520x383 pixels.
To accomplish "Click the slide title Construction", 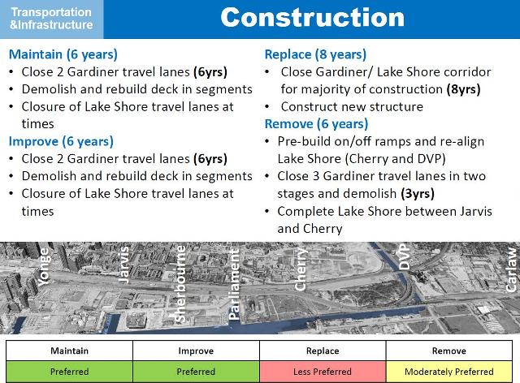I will pos(312,18).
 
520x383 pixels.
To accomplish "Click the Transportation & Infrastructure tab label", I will pos(51,19).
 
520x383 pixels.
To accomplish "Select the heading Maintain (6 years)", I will pos(63,54).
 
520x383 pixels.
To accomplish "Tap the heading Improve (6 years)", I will pos(63,141).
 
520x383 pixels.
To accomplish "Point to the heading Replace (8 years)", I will pos(315,54).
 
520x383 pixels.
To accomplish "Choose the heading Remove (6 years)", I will pos(316,124).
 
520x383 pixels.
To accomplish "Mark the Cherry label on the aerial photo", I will pos(301,271).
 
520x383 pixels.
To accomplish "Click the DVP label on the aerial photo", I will pos(405,259).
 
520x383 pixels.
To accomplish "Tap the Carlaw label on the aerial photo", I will pos(510,269).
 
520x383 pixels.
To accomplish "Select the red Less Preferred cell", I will pos(323,372).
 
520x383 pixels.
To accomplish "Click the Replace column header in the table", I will pos(323,351).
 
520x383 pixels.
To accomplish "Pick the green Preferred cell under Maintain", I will pos(69,372).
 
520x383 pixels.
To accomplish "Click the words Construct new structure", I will pos(352,106).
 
